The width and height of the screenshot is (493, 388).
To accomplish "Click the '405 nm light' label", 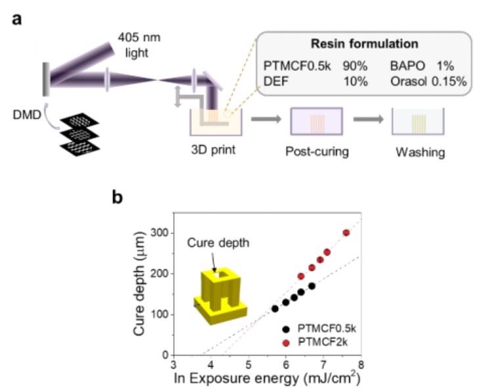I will pyautogui.click(x=139, y=41).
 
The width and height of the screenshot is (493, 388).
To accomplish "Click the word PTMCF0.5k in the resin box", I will pyautogui.click(x=292, y=67).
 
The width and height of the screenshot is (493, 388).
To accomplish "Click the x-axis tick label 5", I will pyautogui.click(x=248, y=365).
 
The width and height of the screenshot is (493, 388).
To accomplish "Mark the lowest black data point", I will pyautogui.click(x=275, y=308).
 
